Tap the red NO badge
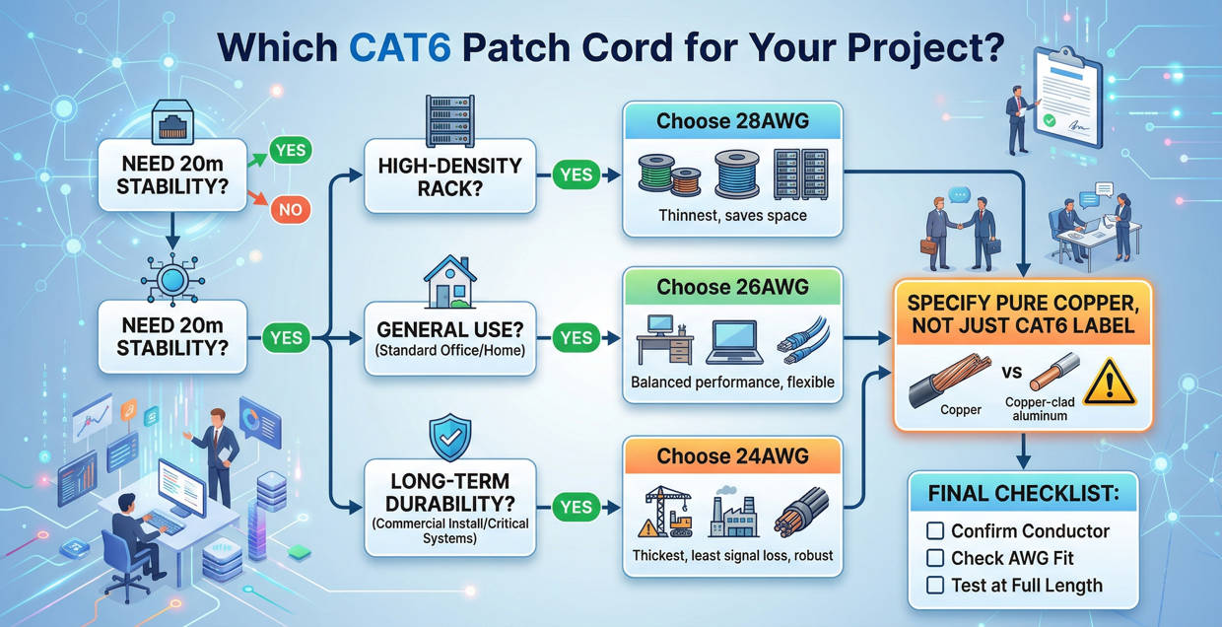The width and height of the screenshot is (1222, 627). (291, 209)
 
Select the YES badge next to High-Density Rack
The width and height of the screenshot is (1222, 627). (576, 174)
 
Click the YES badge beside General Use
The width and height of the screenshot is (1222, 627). (576, 338)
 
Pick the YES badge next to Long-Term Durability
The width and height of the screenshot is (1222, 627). (576, 507)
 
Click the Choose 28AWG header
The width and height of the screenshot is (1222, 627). (732, 122)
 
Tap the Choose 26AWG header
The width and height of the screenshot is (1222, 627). (732, 287)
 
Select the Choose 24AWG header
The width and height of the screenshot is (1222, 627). (732, 455)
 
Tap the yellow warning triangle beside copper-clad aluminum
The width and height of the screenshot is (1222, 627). (1109, 383)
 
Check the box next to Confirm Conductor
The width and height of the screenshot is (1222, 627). (935, 531)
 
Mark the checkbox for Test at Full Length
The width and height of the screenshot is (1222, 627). (935, 586)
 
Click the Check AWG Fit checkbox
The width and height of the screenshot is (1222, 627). (935, 558)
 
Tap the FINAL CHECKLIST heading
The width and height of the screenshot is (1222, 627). (1022, 491)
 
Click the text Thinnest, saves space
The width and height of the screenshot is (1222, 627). (731, 214)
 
